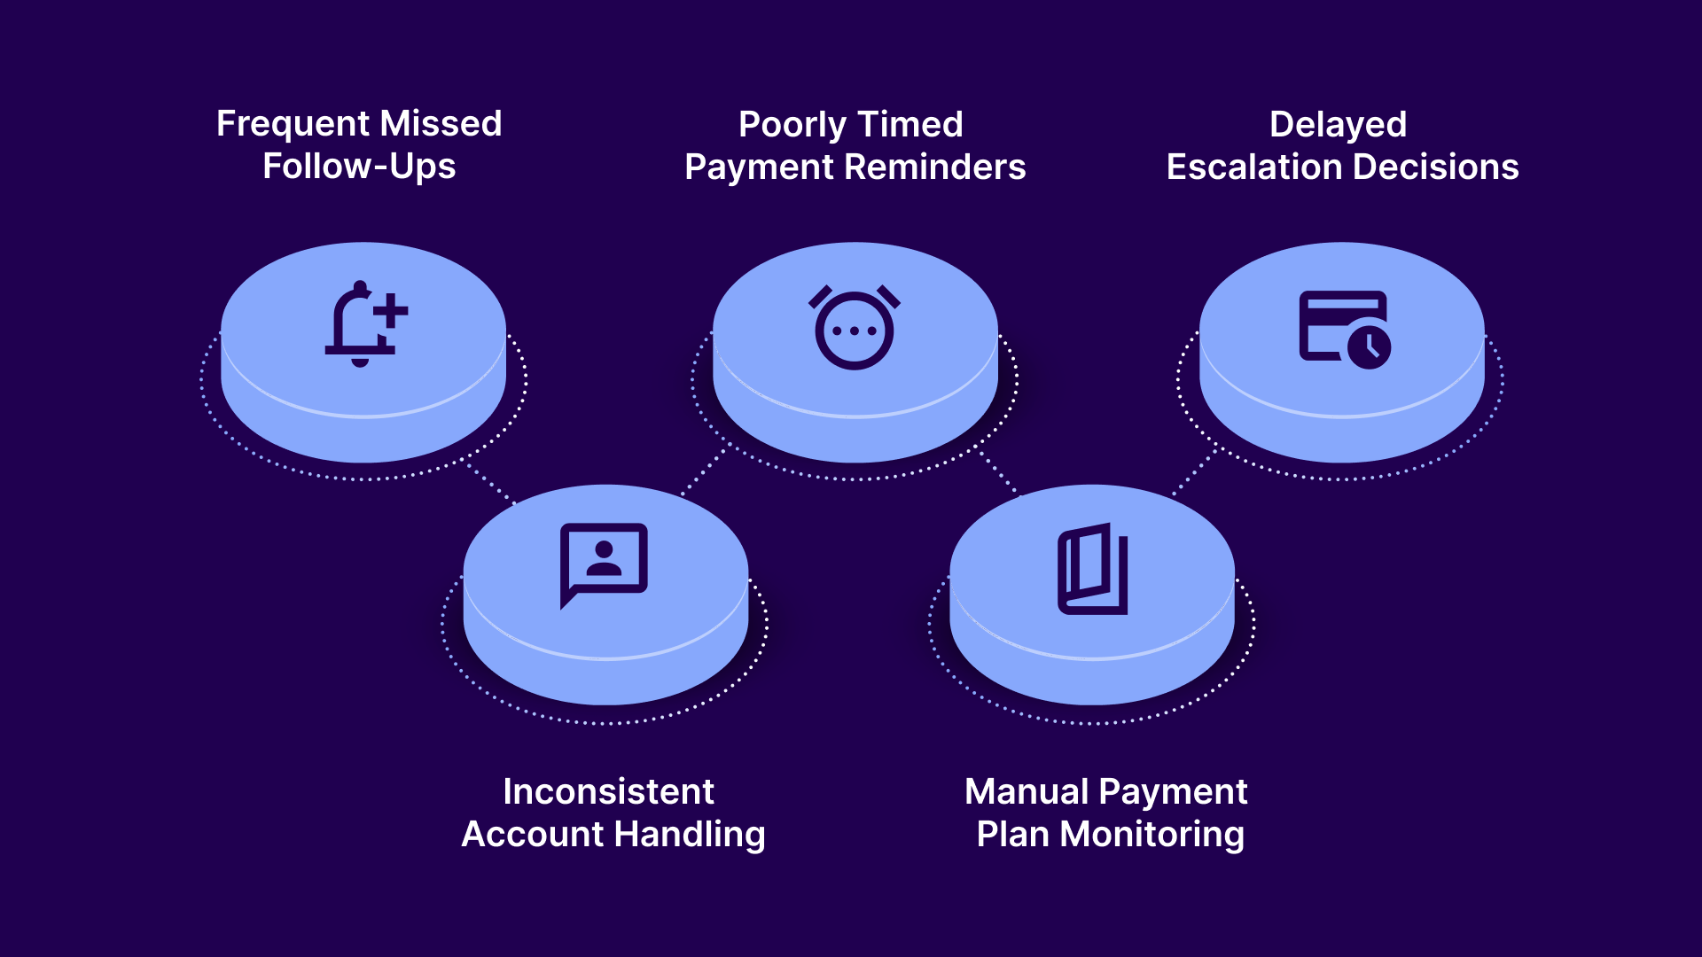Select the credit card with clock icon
pyautogui.click(x=1344, y=329)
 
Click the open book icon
pyautogui.click(x=1093, y=569)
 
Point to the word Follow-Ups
pyautogui.click(x=359, y=167)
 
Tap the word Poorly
pyautogui.click(x=792, y=125)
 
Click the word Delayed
pyautogui.click(x=1338, y=125)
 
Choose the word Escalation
pyautogui.click(x=1253, y=167)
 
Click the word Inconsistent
pyautogui.click(x=608, y=792)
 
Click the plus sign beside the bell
pyautogui.click(x=390, y=310)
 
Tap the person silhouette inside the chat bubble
pyautogui.click(x=604, y=558)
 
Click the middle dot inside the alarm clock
pyautogui.click(x=855, y=331)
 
